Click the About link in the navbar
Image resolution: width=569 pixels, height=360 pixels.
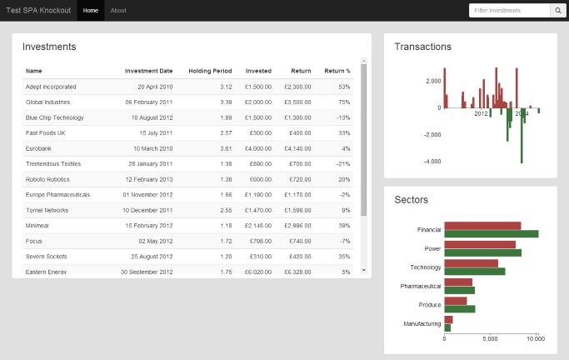click(x=118, y=11)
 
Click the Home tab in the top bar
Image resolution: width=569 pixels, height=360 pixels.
click(x=91, y=11)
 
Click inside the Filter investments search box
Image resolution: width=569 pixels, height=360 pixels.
click(x=509, y=11)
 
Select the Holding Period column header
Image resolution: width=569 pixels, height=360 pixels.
click(x=210, y=71)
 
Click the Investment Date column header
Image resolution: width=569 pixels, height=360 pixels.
click(x=148, y=71)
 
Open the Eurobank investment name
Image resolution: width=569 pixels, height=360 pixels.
click(x=39, y=148)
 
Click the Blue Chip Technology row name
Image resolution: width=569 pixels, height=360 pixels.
click(x=55, y=117)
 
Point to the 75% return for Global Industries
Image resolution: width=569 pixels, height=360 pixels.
click(x=343, y=102)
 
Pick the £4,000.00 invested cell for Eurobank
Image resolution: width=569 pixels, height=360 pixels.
click(x=257, y=148)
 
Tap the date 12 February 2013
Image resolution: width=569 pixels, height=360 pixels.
click(x=149, y=179)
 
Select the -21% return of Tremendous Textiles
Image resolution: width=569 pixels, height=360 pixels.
click(x=342, y=164)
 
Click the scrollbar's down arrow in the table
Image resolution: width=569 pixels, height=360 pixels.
click(x=363, y=270)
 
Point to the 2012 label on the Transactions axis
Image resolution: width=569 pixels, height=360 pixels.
click(x=481, y=113)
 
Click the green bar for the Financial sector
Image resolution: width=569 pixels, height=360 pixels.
click(x=491, y=234)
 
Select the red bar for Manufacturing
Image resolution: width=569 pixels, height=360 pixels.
click(x=448, y=319)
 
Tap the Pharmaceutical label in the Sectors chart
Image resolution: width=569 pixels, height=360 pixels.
click(x=420, y=286)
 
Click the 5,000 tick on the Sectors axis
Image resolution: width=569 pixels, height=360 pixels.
click(x=490, y=339)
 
